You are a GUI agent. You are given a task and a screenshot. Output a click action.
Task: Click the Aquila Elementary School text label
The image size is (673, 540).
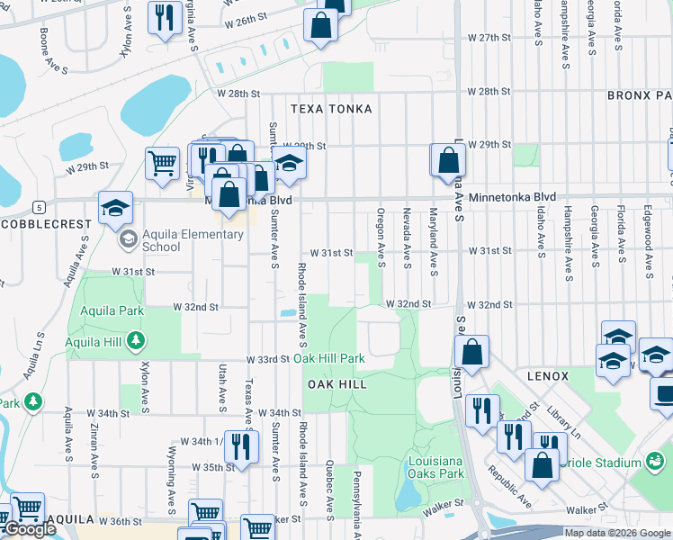coord(180,240)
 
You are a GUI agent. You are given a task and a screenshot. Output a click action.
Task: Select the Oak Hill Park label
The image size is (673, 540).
coord(329,358)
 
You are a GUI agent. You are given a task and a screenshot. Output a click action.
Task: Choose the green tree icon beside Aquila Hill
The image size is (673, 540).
coord(135,340)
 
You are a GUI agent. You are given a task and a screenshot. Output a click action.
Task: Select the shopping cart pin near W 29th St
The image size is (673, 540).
coord(162,164)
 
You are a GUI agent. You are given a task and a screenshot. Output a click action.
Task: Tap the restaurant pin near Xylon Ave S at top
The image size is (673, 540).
coord(164,18)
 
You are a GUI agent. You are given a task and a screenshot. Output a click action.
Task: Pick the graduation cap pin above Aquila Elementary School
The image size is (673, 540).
coord(115,208)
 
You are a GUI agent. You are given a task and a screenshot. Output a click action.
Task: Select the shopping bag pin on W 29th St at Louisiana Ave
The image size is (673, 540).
coord(448,160)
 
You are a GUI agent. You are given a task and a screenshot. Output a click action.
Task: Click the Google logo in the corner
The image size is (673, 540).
coord(29,529)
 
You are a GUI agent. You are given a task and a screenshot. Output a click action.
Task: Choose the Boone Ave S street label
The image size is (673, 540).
coord(44,43)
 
